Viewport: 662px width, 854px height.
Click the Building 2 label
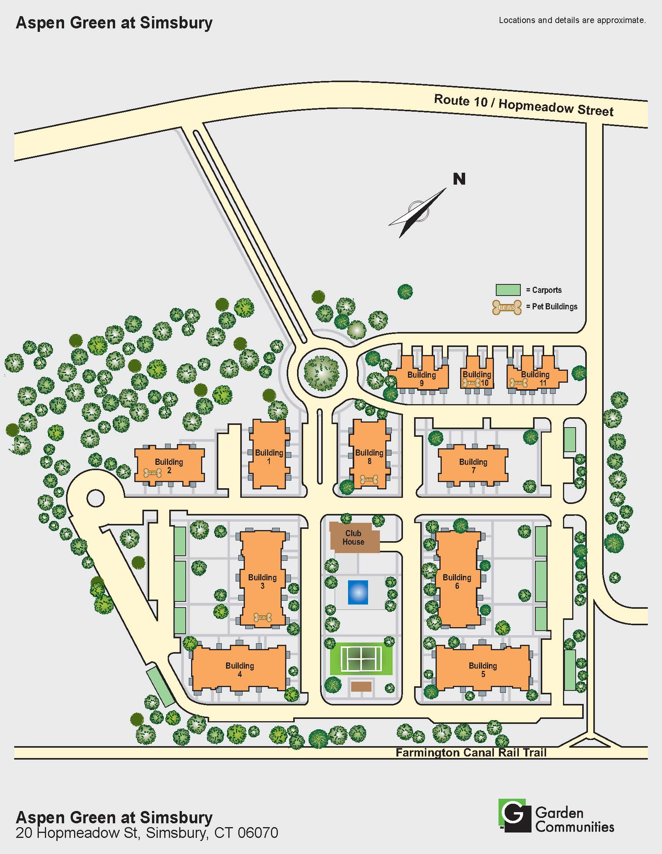click(x=169, y=466)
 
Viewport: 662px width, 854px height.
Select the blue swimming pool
click(x=358, y=592)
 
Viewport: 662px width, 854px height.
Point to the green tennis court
click(x=361, y=659)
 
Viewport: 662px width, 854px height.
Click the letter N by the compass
click(x=459, y=179)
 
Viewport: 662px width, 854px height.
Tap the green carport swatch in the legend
click(x=508, y=290)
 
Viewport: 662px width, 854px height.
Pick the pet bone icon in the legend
click(x=507, y=307)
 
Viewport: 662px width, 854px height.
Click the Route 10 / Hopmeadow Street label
click(x=523, y=105)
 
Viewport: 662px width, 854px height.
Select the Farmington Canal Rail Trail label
click(x=471, y=752)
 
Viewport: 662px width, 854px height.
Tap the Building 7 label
click(x=473, y=466)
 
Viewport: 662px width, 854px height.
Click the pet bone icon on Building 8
click(x=369, y=479)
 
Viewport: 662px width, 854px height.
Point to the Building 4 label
click(x=240, y=669)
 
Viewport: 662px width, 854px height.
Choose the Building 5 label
click(x=483, y=669)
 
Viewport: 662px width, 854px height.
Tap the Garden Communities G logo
click(x=514, y=815)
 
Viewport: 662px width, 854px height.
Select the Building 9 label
click(x=421, y=378)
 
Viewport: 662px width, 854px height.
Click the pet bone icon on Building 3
click(x=262, y=618)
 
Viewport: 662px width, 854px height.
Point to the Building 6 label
click(x=457, y=581)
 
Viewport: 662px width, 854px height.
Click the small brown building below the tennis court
click(x=361, y=686)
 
